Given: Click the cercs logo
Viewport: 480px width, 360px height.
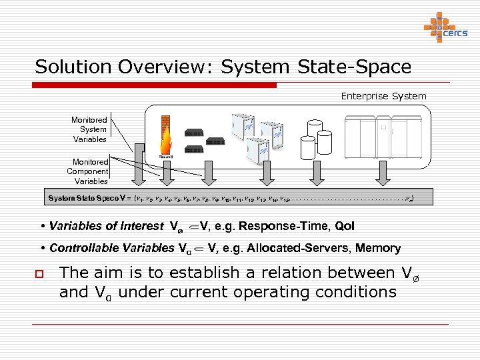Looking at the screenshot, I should [445, 27].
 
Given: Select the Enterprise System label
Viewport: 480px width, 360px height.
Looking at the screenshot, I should [383, 96].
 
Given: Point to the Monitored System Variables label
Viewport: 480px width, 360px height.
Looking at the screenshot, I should [89, 129].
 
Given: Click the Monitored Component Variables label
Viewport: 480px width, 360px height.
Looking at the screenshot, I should [88, 171].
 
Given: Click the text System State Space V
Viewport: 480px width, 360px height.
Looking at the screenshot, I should [88, 198].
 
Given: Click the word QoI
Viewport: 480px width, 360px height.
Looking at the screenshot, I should [345, 226].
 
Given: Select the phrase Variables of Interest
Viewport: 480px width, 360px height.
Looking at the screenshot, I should [106, 226].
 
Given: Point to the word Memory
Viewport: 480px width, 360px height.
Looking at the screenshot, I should [378, 248].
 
